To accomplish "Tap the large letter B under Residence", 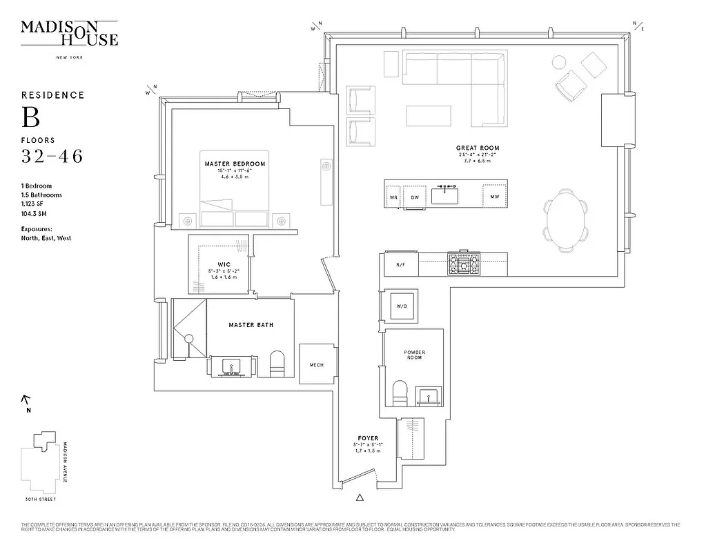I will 31,117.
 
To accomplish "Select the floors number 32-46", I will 52,157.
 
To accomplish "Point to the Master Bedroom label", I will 235,164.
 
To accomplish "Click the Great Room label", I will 477,148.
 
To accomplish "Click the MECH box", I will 317,365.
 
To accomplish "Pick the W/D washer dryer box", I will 400,306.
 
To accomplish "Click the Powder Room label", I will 414,355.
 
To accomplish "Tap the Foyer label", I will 368,438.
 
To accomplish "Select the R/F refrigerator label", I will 400,265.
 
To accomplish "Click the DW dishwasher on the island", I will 414,197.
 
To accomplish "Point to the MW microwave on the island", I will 494,197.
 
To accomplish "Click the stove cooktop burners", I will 464,262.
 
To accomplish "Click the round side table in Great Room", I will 560,63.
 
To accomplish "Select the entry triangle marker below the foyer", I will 359,497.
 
